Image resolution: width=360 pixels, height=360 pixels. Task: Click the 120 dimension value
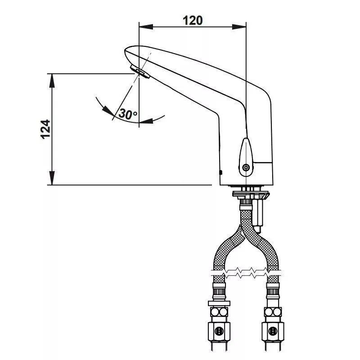[x=193, y=20]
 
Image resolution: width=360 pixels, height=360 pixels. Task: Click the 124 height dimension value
[x=45, y=129]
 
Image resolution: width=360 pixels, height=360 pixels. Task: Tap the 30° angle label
[x=128, y=114]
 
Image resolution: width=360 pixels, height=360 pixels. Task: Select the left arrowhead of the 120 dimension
[x=146, y=27]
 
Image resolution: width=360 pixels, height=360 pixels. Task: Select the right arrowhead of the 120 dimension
[x=239, y=27]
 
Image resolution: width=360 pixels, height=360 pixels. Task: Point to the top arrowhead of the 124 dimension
[x=52, y=81]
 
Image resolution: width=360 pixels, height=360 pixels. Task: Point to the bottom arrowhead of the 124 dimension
[x=52, y=178]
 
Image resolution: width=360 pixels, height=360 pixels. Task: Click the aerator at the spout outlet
[x=140, y=72]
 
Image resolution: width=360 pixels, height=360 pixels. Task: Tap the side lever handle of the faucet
[x=246, y=157]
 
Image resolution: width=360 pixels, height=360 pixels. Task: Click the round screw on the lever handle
[x=246, y=167]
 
